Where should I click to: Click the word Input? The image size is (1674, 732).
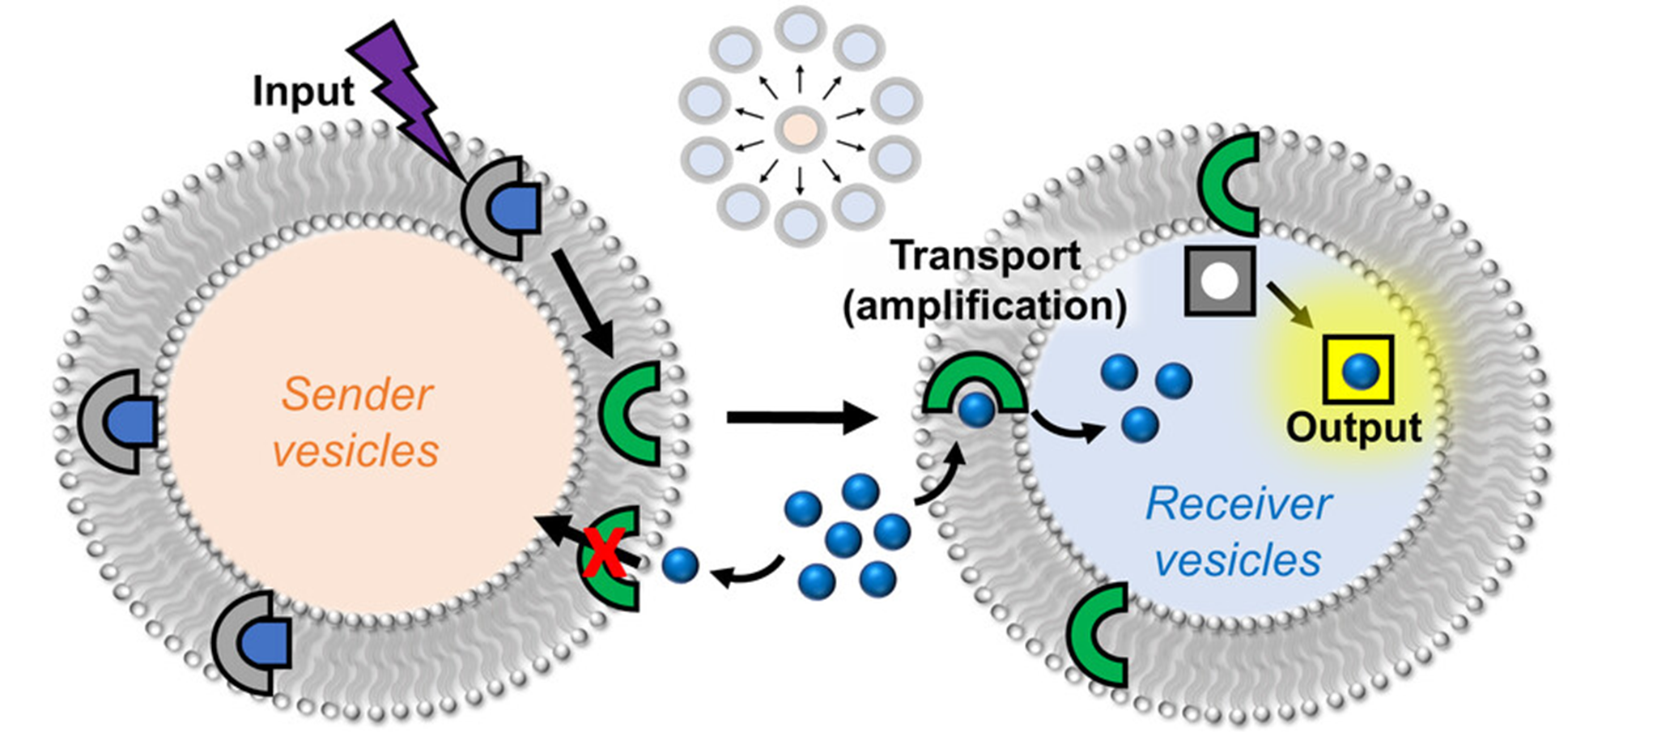303,91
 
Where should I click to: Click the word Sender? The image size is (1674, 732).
357,395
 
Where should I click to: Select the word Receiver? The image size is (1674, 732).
1238,504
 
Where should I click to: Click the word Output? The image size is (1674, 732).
1353,428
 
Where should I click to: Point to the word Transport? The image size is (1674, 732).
985,256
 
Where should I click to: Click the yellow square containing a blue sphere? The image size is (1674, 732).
1358,370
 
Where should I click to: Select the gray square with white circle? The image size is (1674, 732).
1220,281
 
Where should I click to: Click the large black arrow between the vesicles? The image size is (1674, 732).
801,417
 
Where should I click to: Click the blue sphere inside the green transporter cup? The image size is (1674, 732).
976,410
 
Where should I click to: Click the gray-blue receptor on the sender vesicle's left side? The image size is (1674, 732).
120,422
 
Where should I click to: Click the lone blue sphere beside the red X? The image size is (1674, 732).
680,565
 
